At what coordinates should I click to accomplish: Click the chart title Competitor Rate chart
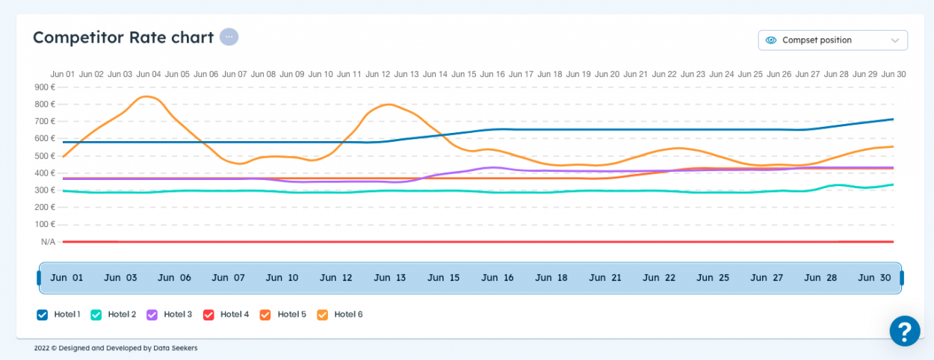123,37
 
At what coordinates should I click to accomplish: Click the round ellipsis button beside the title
229,37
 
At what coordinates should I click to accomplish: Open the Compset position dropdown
832,40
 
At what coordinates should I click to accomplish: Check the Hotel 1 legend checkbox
43,314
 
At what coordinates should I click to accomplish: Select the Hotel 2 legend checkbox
96,314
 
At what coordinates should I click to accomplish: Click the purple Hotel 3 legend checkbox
152,314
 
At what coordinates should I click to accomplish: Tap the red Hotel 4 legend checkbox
209,314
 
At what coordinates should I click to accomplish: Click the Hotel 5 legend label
291,314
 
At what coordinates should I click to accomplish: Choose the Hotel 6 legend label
348,314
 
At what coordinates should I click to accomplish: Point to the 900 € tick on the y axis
45,87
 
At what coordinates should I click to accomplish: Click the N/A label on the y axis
48,242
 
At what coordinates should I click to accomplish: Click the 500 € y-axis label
45,156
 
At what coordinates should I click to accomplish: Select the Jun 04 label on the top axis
149,75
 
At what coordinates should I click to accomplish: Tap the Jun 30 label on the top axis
894,75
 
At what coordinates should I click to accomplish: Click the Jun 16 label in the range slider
497,278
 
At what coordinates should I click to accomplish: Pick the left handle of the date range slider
39,278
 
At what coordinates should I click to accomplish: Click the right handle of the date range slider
902,278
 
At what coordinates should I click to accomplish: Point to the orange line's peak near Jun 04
148,96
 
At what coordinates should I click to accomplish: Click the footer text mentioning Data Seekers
116,348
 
